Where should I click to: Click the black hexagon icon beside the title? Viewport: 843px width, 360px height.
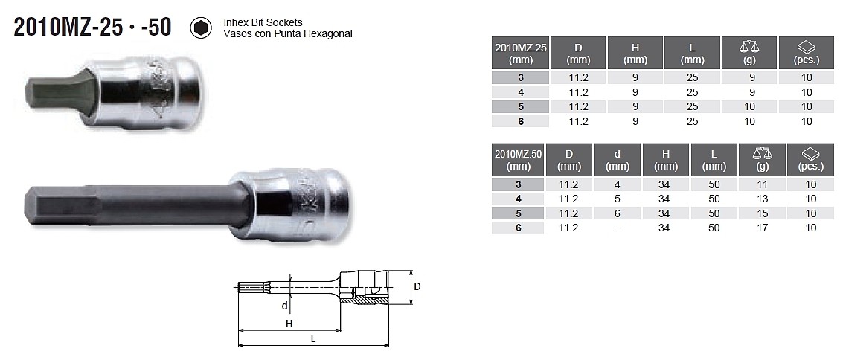[201, 28]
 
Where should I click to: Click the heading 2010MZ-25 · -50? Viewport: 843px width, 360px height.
[93, 27]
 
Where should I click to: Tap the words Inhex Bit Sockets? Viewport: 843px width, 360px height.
[263, 22]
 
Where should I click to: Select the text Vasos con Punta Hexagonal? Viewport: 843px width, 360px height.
[288, 33]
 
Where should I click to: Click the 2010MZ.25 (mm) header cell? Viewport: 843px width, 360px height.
[520, 54]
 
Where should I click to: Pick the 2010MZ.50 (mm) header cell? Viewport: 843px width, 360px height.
[518, 160]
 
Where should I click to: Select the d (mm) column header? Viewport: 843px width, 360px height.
[618, 160]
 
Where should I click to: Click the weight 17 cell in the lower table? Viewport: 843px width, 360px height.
[762, 228]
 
